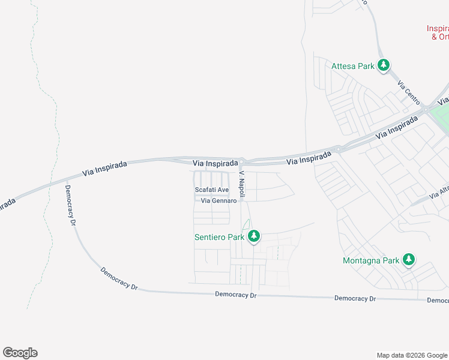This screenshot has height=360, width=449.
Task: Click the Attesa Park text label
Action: (353, 66)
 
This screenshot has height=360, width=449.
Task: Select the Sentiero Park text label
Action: (219, 237)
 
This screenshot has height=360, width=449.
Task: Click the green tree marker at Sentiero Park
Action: (254, 236)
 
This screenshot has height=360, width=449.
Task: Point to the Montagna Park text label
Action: (370, 260)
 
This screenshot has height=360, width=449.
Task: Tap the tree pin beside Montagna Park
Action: (409, 259)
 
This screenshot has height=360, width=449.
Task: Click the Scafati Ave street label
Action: (212, 190)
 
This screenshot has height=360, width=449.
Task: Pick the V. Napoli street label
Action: (243, 181)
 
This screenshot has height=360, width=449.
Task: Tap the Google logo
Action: (20, 353)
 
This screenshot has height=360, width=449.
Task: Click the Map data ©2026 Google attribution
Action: (411, 355)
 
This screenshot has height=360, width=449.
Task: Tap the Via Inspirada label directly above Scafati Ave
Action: (215, 163)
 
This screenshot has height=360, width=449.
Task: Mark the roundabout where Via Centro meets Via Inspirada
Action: (425, 109)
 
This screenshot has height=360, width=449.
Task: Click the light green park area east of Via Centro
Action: (442, 115)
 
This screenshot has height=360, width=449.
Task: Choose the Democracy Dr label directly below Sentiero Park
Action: (236, 295)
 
